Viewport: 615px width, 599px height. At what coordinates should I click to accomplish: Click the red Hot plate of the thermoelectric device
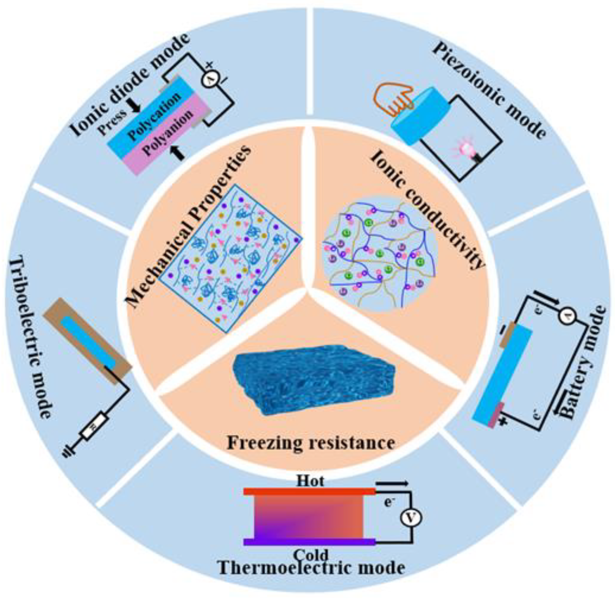click(x=309, y=491)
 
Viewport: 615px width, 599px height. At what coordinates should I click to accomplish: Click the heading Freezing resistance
click(x=311, y=443)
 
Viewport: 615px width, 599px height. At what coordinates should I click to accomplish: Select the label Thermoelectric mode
click(x=311, y=568)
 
